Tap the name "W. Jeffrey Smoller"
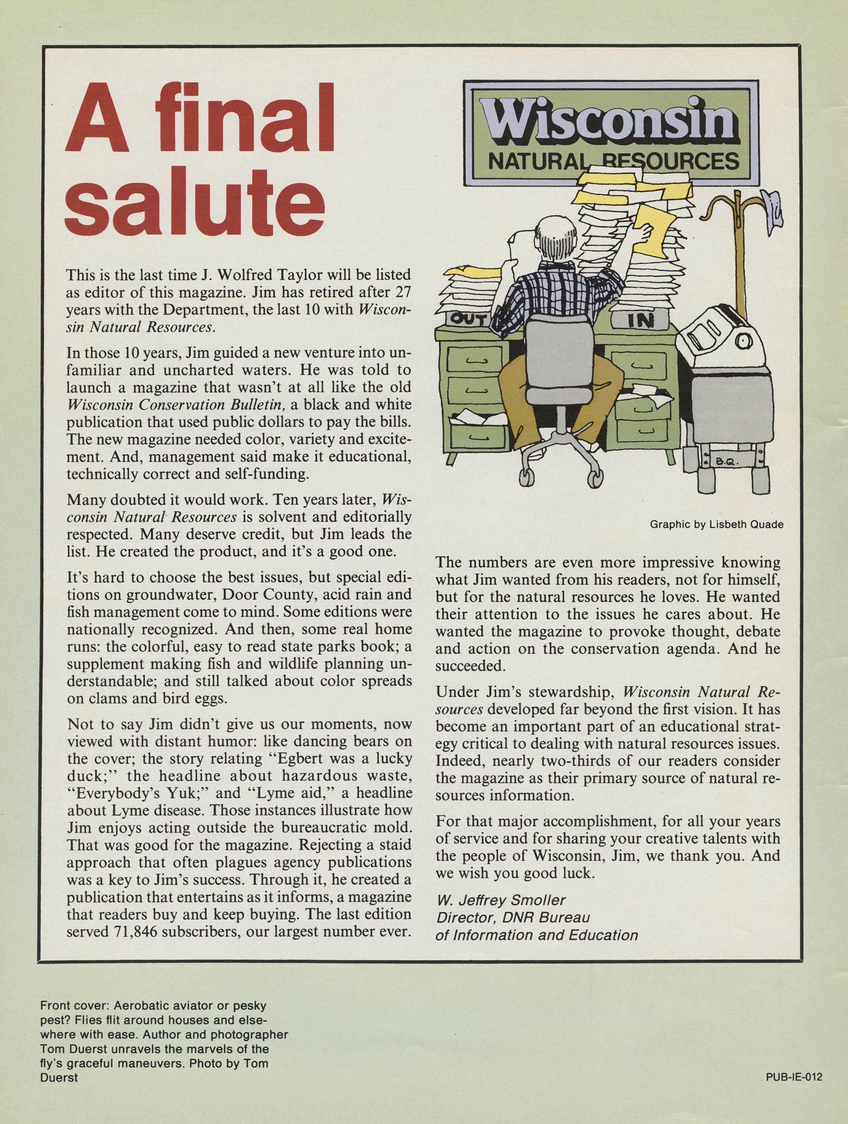[501, 900]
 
